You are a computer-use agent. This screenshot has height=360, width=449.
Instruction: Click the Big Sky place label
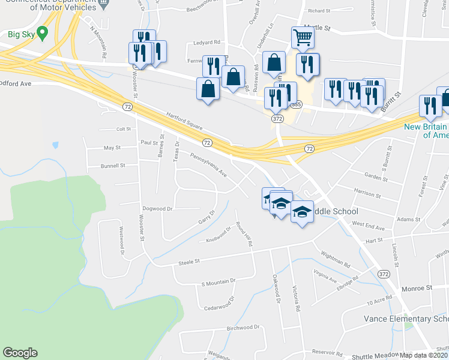[x=20, y=34]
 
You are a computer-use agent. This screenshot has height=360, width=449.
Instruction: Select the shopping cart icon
[x=303, y=37]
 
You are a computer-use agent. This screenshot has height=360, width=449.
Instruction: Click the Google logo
[x=20, y=353]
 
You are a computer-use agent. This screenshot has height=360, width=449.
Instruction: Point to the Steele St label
[x=188, y=262]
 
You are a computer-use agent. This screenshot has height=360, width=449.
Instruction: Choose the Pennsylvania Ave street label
[x=208, y=166]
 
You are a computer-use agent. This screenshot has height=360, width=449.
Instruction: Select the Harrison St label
[x=367, y=194]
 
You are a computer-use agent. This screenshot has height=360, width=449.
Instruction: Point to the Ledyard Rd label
[x=207, y=43]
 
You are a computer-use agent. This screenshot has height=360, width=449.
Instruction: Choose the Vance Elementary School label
[x=406, y=319]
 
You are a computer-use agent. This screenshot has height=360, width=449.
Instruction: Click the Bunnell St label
[x=113, y=165]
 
